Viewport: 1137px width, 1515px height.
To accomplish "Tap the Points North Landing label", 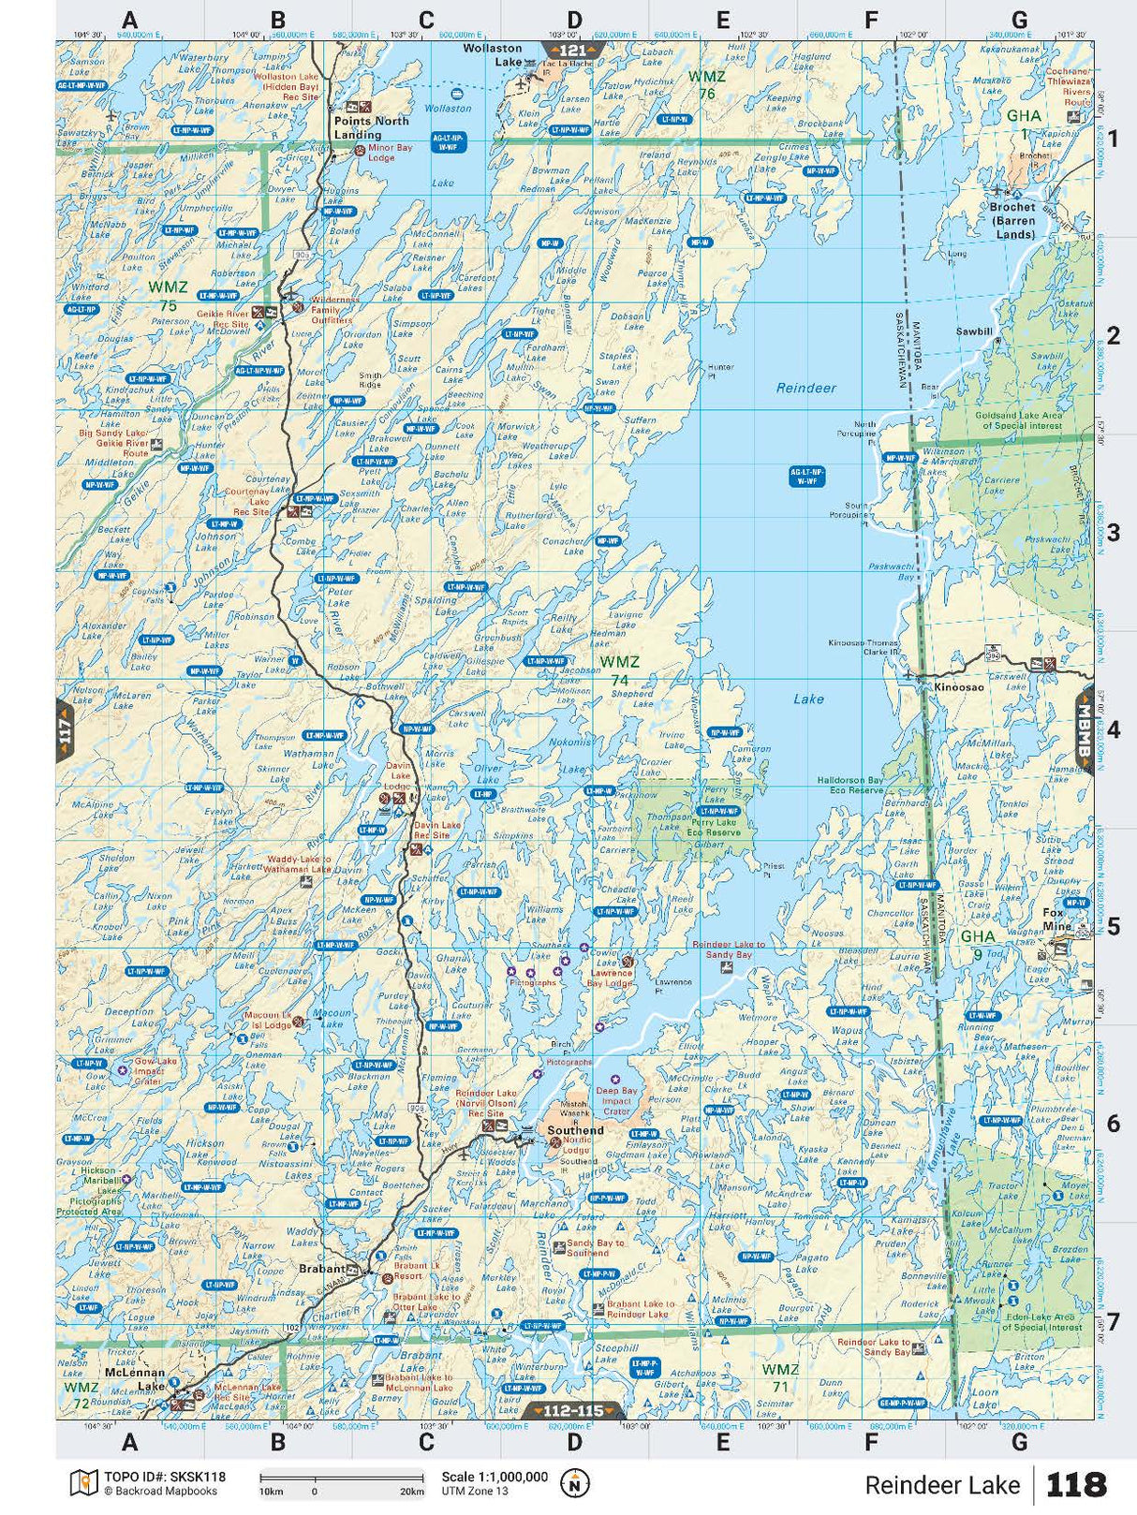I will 372,127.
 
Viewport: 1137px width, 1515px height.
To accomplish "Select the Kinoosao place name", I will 959,687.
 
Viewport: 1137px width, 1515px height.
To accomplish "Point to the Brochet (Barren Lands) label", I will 1012,220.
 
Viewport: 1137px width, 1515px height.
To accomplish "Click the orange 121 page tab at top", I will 573,51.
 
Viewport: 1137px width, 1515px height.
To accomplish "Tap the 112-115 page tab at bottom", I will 573,1410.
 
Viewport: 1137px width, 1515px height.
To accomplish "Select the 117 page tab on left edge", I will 65,728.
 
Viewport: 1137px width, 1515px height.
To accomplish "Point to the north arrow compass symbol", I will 574,1483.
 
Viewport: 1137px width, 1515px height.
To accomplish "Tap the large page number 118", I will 1076,1485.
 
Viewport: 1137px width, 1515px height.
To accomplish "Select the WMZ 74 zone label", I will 619,670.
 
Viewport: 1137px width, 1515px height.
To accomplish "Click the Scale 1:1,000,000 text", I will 495,1477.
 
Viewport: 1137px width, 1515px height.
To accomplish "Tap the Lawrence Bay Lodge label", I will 610,978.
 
